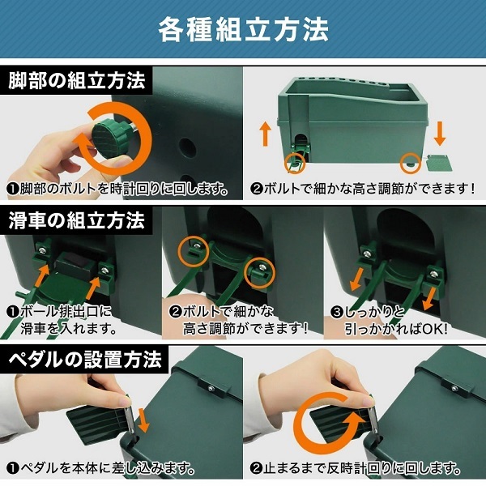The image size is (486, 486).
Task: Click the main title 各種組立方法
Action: point(243,29)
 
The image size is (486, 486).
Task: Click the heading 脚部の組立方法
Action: point(77,80)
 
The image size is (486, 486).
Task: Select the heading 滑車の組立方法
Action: point(77,220)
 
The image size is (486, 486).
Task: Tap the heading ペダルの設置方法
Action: point(85,359)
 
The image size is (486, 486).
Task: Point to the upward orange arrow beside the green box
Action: point(266,133)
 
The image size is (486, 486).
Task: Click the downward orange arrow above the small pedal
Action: point(440,134)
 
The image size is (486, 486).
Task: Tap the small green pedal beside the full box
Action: point(439,163)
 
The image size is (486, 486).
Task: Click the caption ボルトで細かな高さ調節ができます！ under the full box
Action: point(363,188)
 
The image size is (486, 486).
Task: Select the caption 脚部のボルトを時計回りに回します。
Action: point(118,189)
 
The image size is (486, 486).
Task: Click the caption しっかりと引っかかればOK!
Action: point(390,320)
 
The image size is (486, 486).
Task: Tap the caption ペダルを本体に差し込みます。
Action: point(101,468)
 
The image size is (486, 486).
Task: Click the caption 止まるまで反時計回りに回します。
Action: point(356,468)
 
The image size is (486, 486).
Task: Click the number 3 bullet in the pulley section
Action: point(336,312)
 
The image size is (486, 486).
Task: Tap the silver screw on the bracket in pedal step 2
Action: point(454,388)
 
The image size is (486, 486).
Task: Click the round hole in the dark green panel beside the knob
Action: point(188,148)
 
